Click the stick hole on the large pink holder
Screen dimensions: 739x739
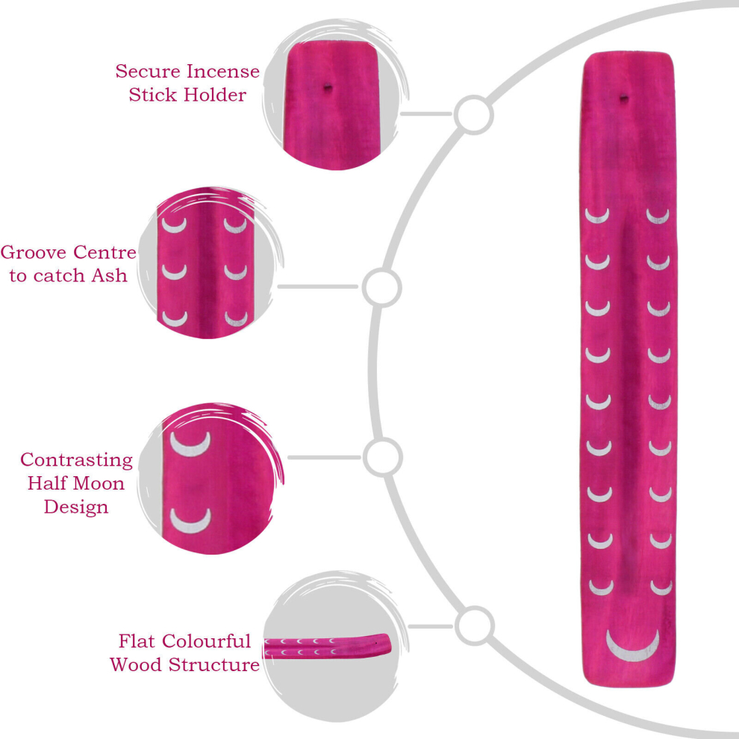(x=623, y=99)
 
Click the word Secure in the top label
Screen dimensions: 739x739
(x=148, y=72)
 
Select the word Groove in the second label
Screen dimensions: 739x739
(x=34, y=252)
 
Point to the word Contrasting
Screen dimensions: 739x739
(x=76, y=460)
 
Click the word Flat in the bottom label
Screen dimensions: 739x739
(x=136, y=641)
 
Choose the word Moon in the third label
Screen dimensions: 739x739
(x=99, y=483)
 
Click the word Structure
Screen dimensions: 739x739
(x=214, y=664)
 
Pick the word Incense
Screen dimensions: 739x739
(x=222, y=72)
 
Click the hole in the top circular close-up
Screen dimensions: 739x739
(x=327, y=87)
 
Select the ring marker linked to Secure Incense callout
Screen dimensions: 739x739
(x=474, y=114)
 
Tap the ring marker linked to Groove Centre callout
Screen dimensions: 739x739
(x=381, y=287)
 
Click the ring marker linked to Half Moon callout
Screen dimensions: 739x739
(x=383, y=457)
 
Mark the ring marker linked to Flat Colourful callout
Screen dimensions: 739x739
(x=475, y=626)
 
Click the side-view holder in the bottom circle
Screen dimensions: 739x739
(x=327, y=646)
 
